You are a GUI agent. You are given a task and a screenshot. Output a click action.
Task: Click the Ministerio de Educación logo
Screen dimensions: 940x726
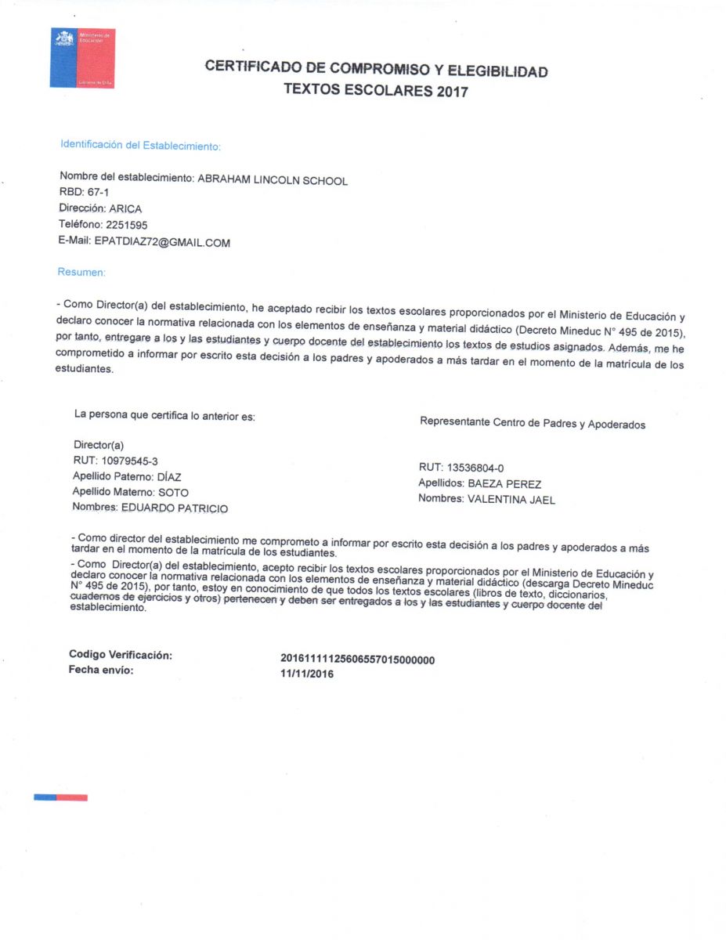[82, 58]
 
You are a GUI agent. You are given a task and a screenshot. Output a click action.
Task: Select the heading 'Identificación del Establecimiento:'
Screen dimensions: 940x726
[141, 146]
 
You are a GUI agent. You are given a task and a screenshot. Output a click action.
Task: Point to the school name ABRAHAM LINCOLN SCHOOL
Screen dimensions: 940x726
[273, 180]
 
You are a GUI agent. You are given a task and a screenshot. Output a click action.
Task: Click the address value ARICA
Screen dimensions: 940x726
[125, 209]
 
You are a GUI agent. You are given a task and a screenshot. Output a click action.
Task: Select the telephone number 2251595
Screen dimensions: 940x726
[125, 225]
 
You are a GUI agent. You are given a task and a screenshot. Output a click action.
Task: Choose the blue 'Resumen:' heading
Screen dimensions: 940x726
[81, 273]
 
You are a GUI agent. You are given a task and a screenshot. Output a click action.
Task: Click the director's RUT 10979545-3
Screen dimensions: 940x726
[124, 461]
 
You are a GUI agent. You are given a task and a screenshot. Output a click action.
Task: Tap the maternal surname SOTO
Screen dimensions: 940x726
[173, 492]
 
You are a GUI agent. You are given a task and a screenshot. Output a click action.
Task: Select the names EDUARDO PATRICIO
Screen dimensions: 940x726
[174, 508]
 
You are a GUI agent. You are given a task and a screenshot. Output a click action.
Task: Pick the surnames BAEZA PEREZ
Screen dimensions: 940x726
[504, 484]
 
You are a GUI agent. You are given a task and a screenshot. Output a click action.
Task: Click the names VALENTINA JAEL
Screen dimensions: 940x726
[511, 500]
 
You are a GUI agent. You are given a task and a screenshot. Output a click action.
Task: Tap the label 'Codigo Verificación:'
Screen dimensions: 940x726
[121, 655]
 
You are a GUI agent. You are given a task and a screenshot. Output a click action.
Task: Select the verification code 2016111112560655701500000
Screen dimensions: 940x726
[357, 660]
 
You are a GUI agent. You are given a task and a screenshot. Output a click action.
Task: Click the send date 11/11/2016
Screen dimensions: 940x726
[307, 674]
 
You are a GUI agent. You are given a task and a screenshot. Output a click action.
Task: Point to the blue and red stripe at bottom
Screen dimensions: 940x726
[60, 797]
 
